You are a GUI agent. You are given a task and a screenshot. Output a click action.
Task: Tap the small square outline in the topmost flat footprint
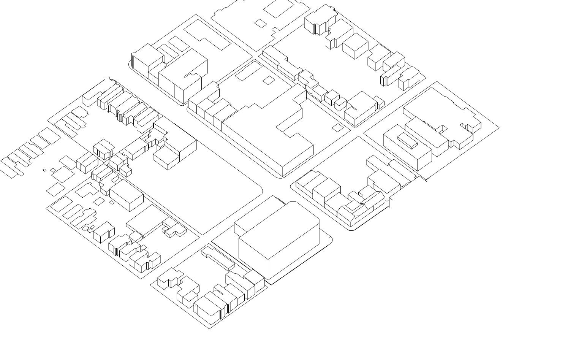point(261,24)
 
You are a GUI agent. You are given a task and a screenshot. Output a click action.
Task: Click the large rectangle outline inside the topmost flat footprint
point(279,8)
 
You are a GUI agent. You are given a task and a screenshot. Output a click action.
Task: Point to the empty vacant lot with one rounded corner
point(213,190)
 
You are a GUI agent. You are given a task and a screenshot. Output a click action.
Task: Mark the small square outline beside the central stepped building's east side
point(337,128)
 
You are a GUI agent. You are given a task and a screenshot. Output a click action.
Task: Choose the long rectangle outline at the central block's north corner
point(248,71)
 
